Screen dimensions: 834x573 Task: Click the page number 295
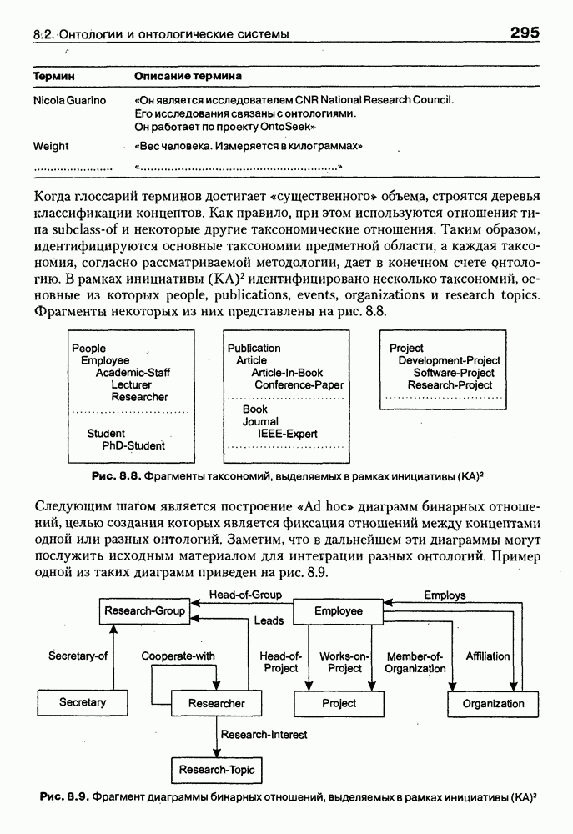point(520,33)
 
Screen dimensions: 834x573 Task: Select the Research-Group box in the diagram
point(144,611)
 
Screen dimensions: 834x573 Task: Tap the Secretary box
point(83,702)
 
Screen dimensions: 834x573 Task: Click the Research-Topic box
point(217,769)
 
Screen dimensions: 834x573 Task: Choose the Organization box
point(494,703)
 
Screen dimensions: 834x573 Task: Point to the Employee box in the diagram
point(339,611)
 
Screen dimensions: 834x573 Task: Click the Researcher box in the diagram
point(217,703)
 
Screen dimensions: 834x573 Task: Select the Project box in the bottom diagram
point(339,703)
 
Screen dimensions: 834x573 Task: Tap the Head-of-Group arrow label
point(245,595)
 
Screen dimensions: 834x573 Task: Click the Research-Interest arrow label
point(264,735)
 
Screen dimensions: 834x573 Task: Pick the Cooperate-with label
point(178,656)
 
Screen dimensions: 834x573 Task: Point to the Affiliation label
point(488,656)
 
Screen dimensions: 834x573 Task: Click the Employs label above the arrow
point(445,595)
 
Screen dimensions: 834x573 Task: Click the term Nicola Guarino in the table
point(69,100)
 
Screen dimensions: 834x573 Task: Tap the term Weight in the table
point(51,146)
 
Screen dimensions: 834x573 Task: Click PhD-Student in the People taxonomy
point(133,445)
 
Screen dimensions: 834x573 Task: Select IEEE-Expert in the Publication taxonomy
point(287,434)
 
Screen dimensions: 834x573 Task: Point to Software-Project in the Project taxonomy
point(454,373)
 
